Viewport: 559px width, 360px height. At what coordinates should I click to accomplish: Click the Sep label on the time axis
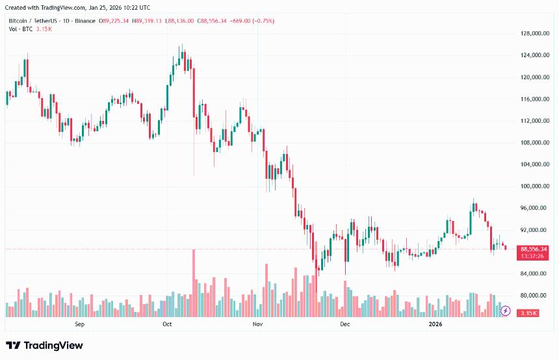pyautogui.click(x=80, y=324)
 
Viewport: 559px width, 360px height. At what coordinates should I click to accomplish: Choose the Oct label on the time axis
pyautogui.click(x=167, y=324)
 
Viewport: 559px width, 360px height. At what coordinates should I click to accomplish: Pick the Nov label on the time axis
pyautogui.click(x=257, y=324)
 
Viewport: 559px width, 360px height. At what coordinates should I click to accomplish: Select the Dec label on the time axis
pyautogui.click(x=344, y=324)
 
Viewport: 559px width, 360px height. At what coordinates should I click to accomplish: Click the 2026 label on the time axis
pyautogui.click(x=435, y=324)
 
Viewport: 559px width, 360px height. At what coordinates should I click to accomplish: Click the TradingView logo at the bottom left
pyautogui.click(x=44, y=346)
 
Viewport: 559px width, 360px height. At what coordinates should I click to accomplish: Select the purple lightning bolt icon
pyautogui.click(x=506, y=311)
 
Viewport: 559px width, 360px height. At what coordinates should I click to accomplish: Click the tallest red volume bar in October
pyautogui.click(x=194, y=283)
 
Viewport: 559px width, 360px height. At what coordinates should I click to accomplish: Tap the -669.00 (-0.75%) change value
pyautogui.click(x=252, y=21)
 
